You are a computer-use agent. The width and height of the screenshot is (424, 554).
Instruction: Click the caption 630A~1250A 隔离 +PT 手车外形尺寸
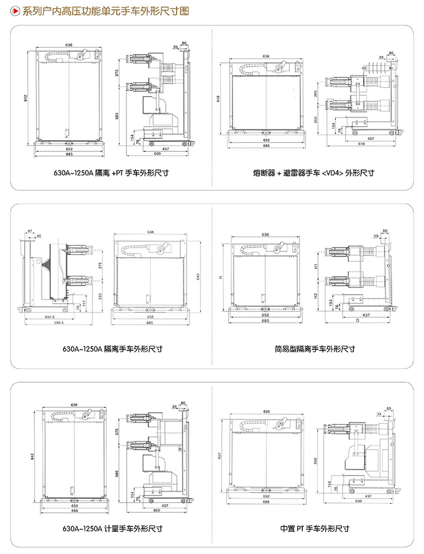pos(111,173)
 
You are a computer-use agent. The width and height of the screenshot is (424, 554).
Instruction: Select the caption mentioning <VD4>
pos(313,173)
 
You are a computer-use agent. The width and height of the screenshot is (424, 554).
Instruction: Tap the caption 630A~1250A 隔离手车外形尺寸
pos(112,349)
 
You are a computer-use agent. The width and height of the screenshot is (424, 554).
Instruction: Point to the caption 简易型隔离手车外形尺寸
pos(313,349)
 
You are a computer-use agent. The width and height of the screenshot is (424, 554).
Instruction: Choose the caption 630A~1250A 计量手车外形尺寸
pos(112,529)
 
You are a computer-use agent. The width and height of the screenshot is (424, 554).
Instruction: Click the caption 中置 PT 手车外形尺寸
pos(315,529)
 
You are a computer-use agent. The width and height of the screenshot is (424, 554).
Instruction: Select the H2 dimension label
pos(316,295)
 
